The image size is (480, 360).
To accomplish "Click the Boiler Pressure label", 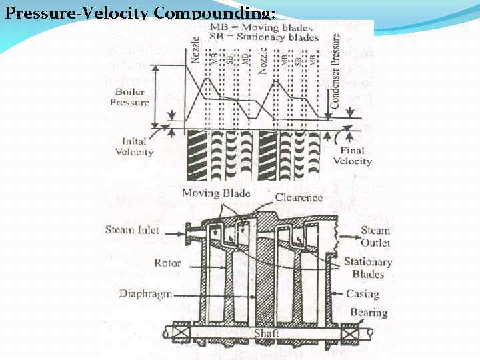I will pyautogui.click(x=130, y=97).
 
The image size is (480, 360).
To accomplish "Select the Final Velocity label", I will pyautogui.click(x=353, y=156).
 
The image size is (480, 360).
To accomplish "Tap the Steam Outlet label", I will pyautogui.click(x=375, y=237).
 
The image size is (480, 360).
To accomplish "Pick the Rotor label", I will pyautogui.click(x=167, y=263).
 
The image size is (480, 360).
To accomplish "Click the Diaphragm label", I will pyautogui.click(x=147, y=293).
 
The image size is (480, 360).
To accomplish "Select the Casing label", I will pyautogui.click(x=363, y=293).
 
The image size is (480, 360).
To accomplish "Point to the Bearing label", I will pyautogui.click(x=369, y=312).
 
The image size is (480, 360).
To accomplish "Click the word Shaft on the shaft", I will pyautogui.click(x=267, y=333).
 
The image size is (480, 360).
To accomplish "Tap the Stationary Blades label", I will pyautogui.click(x=368, y=268).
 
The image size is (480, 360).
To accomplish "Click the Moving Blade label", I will pyautogui.click(x=216, y=193).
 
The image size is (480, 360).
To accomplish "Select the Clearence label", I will pyautogui.click(x=299, y=197).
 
